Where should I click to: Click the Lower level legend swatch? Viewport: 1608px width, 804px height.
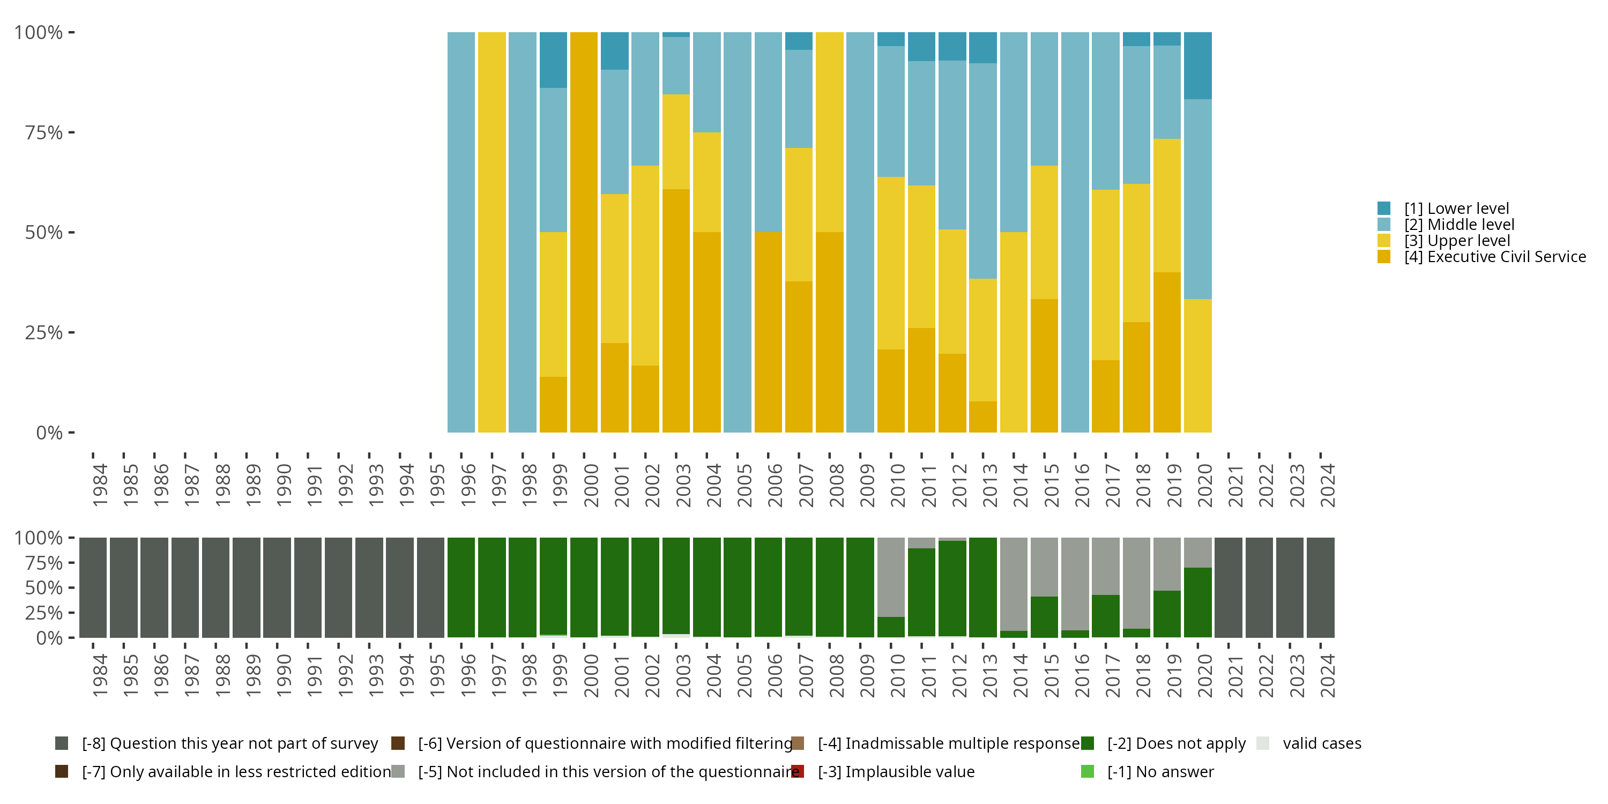coord(1383,209)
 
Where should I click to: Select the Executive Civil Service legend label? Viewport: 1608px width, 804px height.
coord(1494,257)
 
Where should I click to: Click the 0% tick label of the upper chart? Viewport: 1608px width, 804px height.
coord(49,433)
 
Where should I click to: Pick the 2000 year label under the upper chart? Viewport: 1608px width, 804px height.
coord(591,485)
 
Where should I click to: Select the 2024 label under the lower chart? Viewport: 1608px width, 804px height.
coord(1327,675)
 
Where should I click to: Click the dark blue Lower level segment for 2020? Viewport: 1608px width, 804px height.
coord(1197,65)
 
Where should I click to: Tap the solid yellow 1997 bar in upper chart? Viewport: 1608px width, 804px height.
coord(492,232)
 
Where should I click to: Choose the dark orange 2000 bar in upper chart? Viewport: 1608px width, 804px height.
coord(584,232)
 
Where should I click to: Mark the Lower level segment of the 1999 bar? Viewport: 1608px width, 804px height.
coord(553,60)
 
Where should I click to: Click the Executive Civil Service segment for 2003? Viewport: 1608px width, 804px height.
coord(675,310)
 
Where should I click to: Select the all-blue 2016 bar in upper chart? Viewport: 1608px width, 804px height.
coord(1074,232)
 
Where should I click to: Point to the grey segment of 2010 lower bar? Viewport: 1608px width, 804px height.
coord(891,577)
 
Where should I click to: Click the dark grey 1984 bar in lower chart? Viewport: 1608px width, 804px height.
coord(93,587)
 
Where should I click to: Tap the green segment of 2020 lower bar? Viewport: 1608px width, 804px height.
coord(1197,602)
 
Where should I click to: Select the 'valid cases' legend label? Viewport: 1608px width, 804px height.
coord(1321,743)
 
